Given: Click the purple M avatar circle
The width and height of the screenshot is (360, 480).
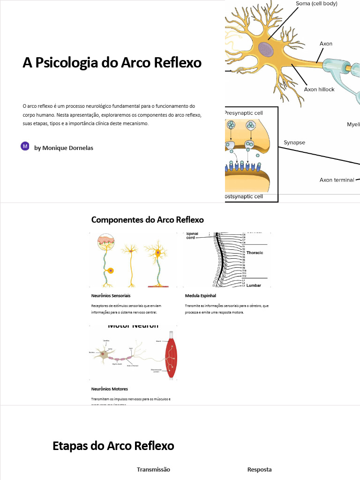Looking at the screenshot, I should pyautogui.click(x=25, y=146).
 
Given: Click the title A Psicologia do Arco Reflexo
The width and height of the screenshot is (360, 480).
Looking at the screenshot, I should pyautogui.click(x=112, y=63).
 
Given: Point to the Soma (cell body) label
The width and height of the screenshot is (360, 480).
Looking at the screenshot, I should pyautogui.click(x=316, y=4).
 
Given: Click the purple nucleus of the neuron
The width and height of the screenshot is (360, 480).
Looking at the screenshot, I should pyautogui.click(x=266, y=49).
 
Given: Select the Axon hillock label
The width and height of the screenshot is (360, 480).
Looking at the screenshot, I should pyautogui.click(x=319, y=89).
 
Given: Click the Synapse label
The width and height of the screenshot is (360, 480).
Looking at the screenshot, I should pyautogui.click(x=294, y=142).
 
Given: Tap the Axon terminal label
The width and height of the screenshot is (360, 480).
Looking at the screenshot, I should pyautogui.click(x=337, y=180).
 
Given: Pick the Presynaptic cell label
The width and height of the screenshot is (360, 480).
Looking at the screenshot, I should pyautogui.click(x=244, y=113).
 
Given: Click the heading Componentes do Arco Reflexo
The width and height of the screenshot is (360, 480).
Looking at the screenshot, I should pyautogui.click(x=147, y=220).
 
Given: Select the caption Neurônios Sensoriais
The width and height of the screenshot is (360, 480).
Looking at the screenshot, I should pyautogui.click(x=111, y=296).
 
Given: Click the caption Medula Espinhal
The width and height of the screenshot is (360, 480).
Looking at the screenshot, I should pyautogui.click(x=201, y=296).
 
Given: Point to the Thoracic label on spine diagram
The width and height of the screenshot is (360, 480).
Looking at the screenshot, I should pyautogui.click(x=255, y=253).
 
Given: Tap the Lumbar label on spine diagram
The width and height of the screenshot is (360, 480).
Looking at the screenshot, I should pyautogui.click(x=254, y=285).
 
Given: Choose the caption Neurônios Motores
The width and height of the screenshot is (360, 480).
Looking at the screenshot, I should pyautogui.click(x=109, y=389).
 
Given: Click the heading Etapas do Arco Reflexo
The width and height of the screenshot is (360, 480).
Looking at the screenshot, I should pyautogui.click(x=113, y=446).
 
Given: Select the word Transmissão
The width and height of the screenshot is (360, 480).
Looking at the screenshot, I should pyautogui.click(x=153, y=469).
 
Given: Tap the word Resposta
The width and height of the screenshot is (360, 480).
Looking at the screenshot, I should pyautogui.click(x=259, y=469).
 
